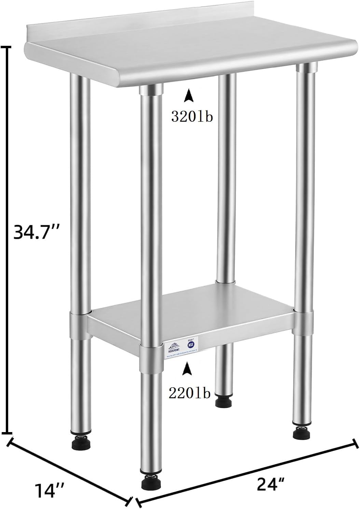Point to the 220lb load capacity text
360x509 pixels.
click(x=189, y=393)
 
